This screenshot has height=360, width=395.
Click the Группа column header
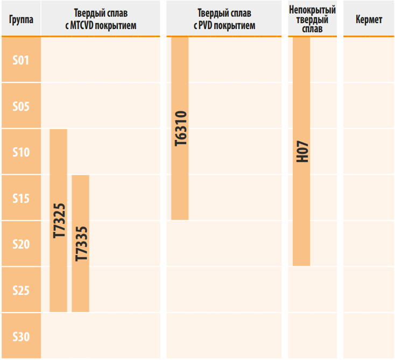21,20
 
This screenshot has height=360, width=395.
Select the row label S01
21,60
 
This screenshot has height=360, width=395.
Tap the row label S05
21,106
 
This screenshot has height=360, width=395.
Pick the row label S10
21,152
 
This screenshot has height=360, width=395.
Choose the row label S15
21,199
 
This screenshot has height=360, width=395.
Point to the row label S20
21,244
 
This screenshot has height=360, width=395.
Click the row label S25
21,291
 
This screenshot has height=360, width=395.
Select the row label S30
21,337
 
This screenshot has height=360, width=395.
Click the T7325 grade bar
58,221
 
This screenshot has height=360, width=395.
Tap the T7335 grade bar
80,243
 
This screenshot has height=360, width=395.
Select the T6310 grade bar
180,129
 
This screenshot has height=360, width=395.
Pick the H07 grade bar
301,152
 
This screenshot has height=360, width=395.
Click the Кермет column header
369,20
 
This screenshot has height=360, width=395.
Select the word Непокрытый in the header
312,10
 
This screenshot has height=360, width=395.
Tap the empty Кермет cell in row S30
369,337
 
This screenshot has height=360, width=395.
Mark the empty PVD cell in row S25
223,291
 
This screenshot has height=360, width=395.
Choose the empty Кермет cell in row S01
369,60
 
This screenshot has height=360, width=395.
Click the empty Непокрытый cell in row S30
312,337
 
